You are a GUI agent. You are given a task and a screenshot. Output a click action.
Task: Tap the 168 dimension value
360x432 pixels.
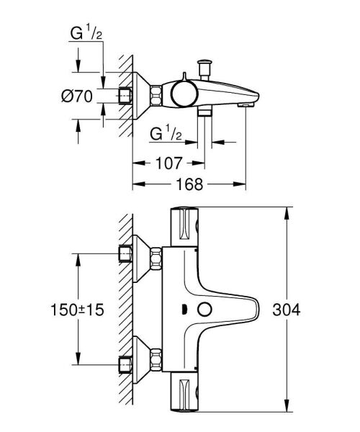[189, 184]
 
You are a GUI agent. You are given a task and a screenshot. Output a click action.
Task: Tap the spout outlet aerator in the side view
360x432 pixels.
[246, 105]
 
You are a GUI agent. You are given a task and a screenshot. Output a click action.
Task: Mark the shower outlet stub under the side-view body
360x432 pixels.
[204, 114]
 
